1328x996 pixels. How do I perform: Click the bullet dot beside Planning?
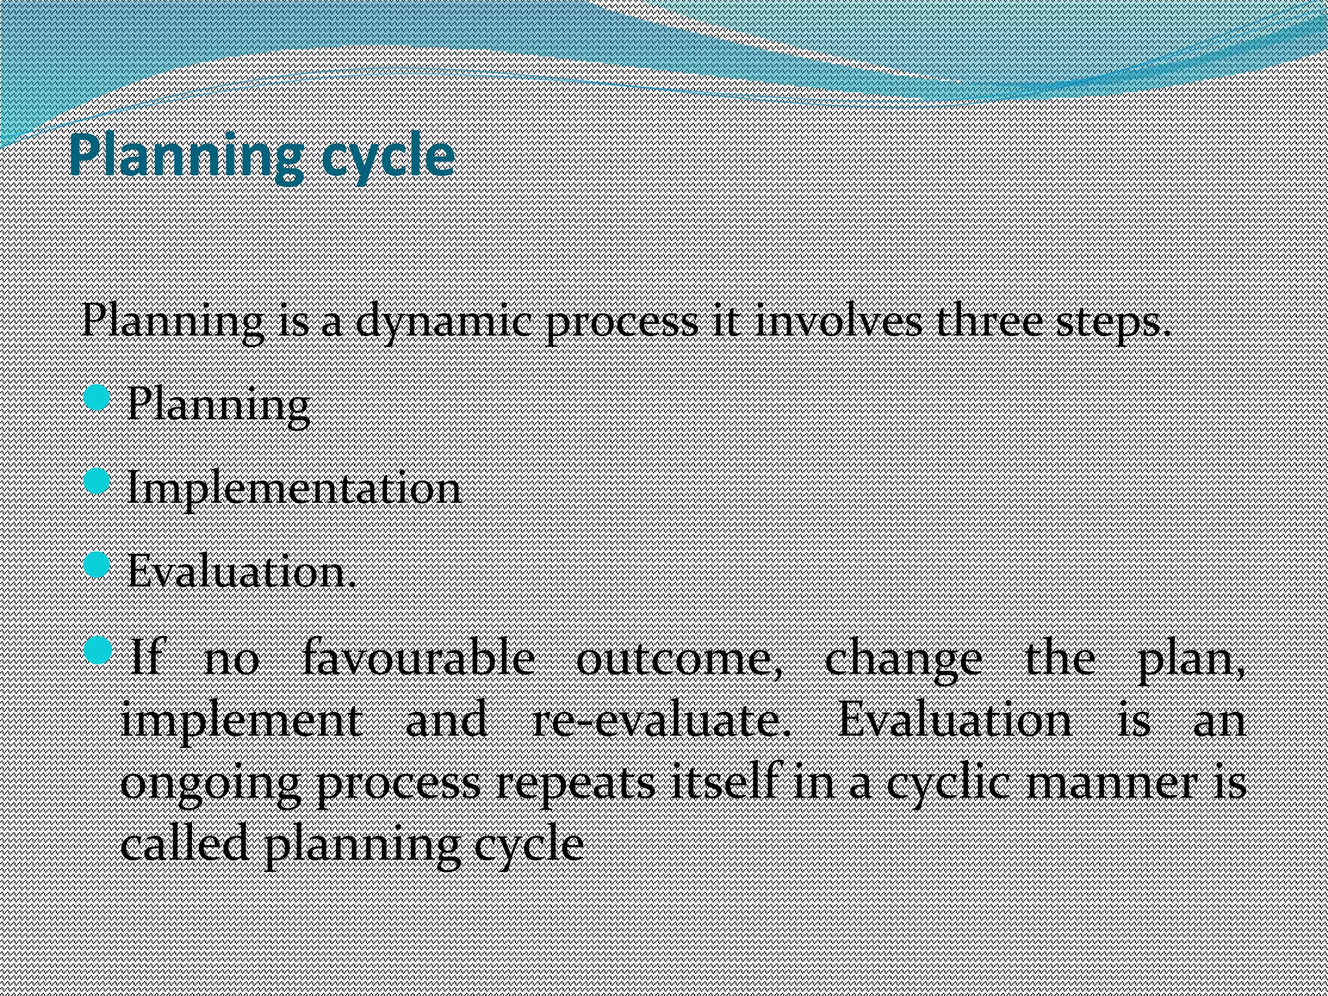click(97, 397)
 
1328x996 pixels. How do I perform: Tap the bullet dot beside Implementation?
click(97, 481)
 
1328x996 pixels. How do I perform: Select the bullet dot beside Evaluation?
click(97, 565)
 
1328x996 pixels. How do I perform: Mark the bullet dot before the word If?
click(98, 650)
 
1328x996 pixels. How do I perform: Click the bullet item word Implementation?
click(293, 488)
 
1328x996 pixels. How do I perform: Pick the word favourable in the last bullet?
click(419, 659)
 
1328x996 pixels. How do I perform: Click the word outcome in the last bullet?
click(678, 659)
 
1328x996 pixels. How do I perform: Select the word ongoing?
click(210, 783)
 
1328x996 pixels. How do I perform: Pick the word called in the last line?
click(184, 843)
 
